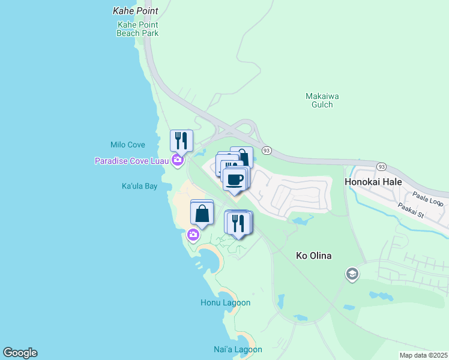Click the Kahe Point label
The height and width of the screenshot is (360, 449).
point(136,11)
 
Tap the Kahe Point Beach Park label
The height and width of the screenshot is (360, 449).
point(137,29)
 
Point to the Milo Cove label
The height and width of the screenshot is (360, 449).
point(128,145)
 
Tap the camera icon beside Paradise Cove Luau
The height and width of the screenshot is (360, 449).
point(177,160)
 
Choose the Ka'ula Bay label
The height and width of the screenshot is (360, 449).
point(139,186)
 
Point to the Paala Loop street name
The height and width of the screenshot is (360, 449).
point(427,197)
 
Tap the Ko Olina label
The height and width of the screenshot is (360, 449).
point(314,256)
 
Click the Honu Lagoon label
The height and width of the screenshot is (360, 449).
point(225,302)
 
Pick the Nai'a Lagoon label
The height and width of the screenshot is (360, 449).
point(238,349)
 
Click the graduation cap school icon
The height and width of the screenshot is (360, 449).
point(352,274)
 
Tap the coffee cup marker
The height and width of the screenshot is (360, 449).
point(234,178)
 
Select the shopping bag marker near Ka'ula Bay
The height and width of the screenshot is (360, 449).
point(202,213)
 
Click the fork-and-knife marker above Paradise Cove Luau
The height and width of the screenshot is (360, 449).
point(181,140)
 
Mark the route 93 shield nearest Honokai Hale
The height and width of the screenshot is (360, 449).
point(381,166)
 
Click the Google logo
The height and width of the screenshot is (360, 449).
point(20,353)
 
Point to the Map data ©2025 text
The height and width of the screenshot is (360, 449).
point(423,355)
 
